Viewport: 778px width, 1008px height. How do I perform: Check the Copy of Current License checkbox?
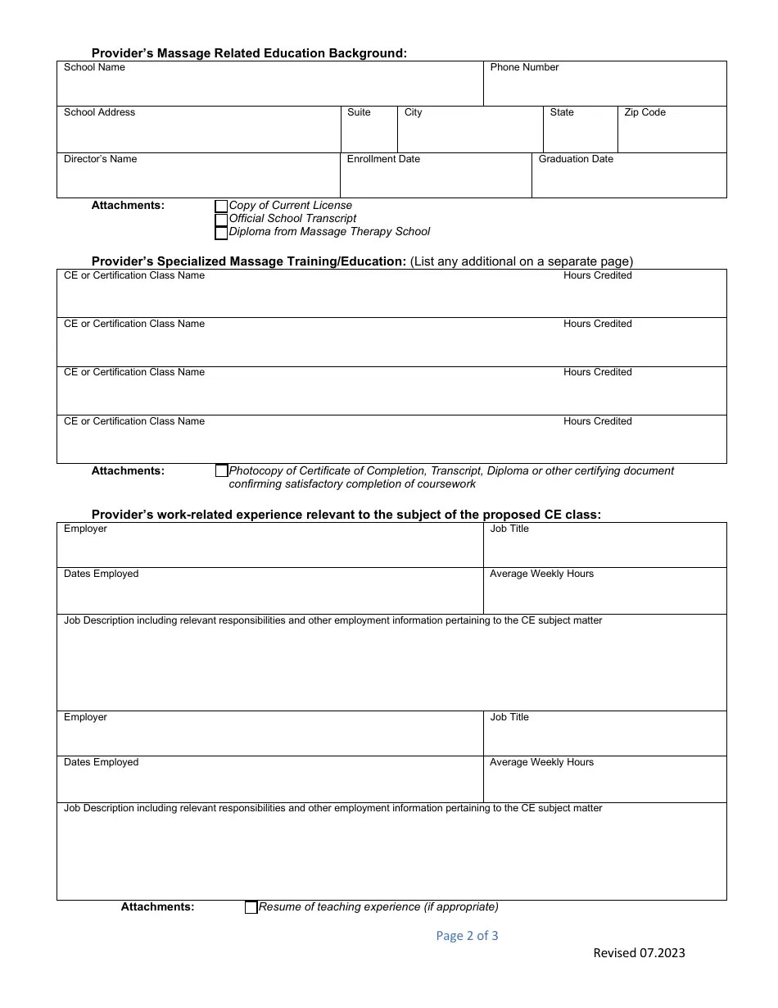(x=221, y=207)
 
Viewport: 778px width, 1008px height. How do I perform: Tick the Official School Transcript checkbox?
(x=221, y=220)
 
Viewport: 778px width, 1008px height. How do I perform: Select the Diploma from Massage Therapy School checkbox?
(x=221, y=233)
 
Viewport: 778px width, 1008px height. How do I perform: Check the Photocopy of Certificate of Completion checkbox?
(x=221, y=471)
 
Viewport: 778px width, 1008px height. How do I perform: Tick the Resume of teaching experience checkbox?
(x=251, y=907)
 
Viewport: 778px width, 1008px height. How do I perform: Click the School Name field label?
(x=94, y=67)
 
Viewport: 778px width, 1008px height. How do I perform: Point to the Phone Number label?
(x=524, y=67)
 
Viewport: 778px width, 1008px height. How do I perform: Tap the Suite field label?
(x=359, y=112)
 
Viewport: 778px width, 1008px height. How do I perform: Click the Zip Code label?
(x=645, y=112)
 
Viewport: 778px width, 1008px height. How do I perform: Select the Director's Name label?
(x=100, y=159)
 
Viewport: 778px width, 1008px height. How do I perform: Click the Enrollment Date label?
(x=383, y=159)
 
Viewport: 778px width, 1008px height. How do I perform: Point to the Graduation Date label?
(x=576, y=159)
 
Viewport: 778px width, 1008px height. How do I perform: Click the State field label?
(x=562, y=112)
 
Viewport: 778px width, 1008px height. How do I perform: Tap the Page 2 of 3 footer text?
(x=467, y=936)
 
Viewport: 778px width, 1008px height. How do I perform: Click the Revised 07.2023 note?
(x=639, y=952)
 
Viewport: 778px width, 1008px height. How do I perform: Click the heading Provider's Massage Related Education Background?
(x=249, y=53)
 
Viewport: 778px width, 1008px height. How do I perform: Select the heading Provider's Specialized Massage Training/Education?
(x=249, y=261)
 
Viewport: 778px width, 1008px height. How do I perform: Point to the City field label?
(x=413, y=112)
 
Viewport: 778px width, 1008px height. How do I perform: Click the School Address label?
(x=99, y=112)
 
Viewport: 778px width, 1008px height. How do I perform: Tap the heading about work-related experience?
(x=346, y=515)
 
